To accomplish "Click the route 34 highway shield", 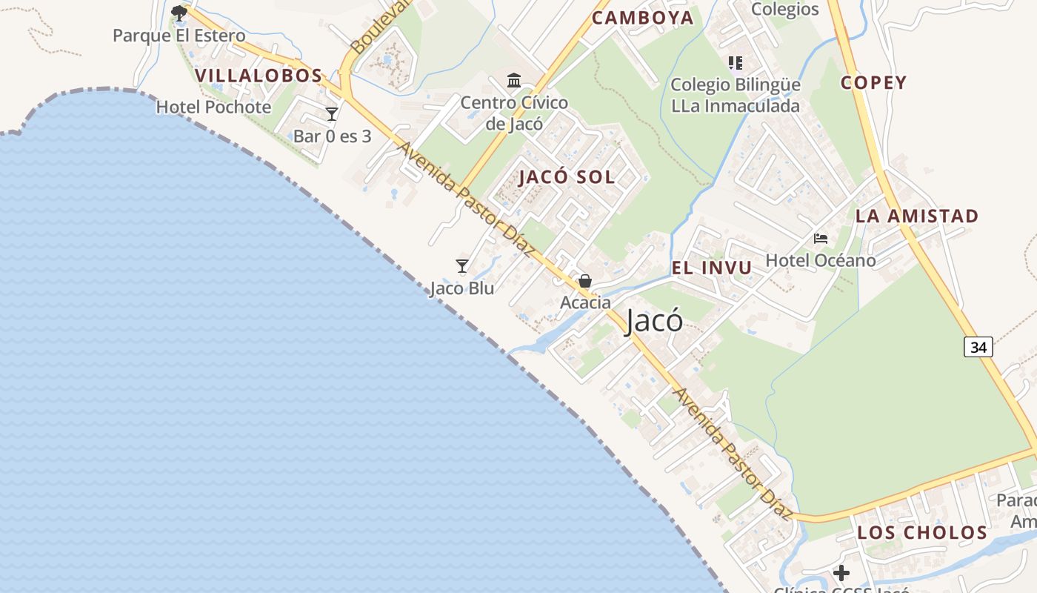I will (978, 346).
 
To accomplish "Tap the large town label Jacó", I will (654, 322).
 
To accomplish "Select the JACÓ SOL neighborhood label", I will (567, 177).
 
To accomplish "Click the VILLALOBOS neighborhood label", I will (259, 76).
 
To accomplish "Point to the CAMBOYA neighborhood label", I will (643, 18).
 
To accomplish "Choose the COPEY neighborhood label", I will (873, 82).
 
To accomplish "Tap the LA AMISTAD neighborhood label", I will (917, 216).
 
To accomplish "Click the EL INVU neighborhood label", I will (712, 268).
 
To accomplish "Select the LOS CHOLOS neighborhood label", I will (922, 533).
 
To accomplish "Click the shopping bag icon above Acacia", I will (585, 281).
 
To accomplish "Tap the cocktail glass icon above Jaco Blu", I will (462, 266).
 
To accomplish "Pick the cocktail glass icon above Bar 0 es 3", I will (332, 114).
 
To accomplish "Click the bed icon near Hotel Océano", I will (821, 239).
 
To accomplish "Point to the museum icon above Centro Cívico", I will (514, 80).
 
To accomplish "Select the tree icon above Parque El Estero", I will (179, 13).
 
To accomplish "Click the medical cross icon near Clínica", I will (841, 573).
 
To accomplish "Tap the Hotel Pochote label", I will (213, 107).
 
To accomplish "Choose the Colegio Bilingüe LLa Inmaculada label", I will (736, 95).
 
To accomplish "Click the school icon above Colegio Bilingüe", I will (735, 63).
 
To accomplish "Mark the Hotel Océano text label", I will (820, 260).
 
